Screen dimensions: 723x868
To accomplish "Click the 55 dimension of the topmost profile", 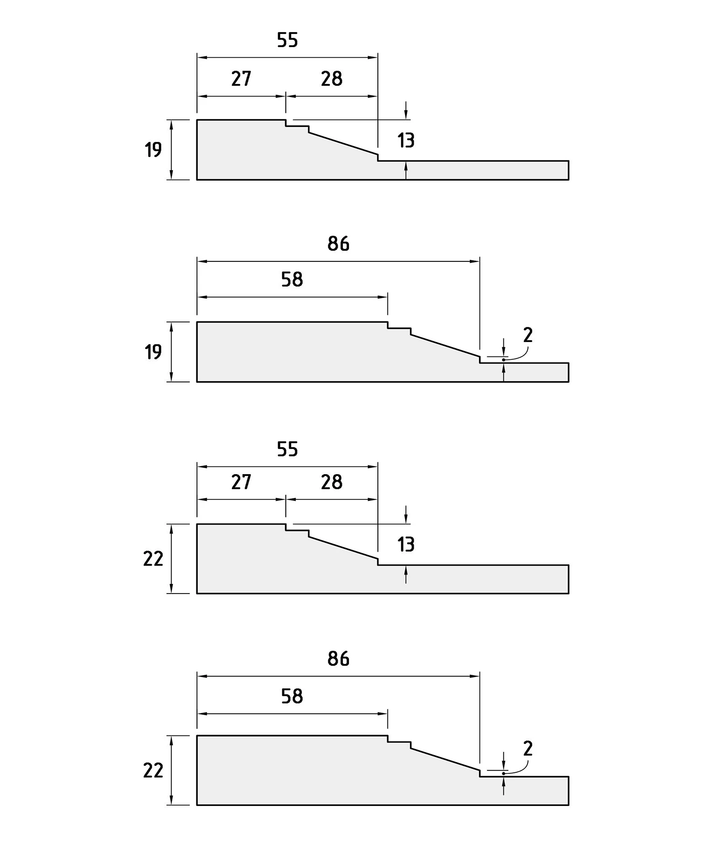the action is [287, 40].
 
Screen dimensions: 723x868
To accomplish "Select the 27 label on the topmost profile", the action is [241, 79].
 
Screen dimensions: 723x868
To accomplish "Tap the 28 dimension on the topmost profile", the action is [332, 79].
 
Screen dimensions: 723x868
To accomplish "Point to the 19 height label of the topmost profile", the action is [153, 150].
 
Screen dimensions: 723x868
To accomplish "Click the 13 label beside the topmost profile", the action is [406, 140].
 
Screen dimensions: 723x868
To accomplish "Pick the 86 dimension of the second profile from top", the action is [338, 244].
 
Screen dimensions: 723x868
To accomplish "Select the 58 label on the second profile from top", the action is [292, 280].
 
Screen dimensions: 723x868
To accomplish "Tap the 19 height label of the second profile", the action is [153, 352].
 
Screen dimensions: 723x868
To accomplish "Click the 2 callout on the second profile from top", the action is [528, 335].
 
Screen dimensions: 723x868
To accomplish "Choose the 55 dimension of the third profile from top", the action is [287, 449].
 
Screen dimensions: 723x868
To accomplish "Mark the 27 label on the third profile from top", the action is [241, 482].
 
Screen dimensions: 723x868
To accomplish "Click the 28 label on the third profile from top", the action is [332, 482].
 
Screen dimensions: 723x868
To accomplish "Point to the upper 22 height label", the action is [153, 559].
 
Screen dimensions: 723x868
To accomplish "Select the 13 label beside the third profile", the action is [406, 544].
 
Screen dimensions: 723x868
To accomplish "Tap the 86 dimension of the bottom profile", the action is [338, 658].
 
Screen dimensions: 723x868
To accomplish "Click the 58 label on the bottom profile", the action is [292, 696].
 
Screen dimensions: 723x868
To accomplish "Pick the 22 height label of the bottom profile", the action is [153, 770].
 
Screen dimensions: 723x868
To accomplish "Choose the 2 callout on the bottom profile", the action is [528, 749].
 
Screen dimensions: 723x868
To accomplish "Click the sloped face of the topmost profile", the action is [343, 144].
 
